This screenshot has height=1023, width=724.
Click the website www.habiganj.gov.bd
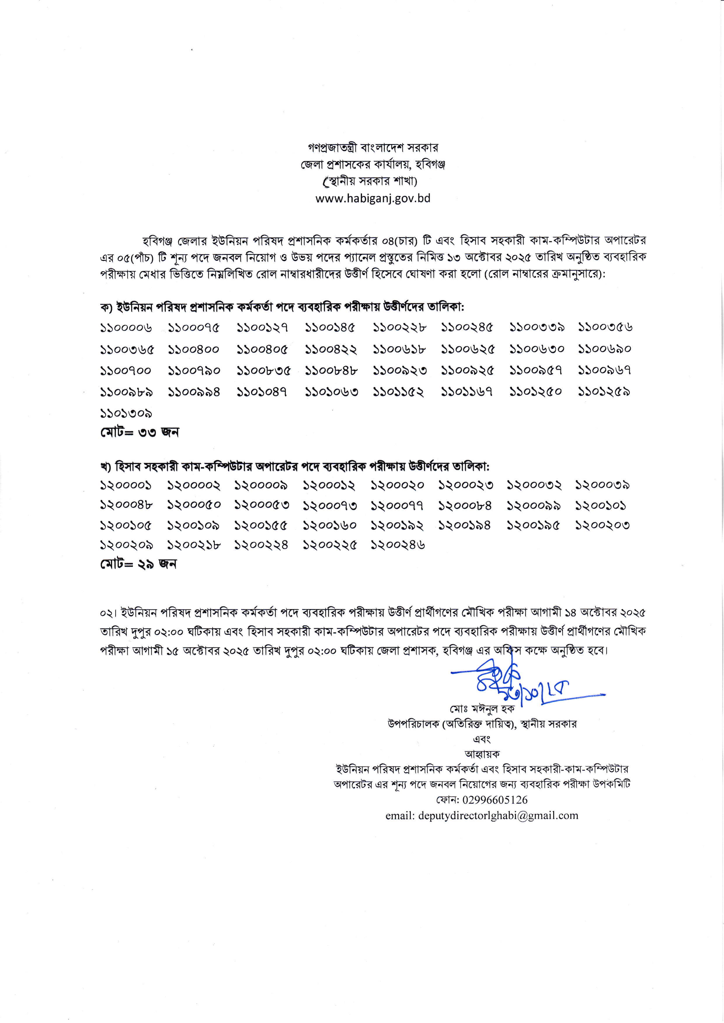pos(373,198)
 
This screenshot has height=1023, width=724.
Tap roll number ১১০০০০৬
pos(126,328)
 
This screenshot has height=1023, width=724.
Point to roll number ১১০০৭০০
pos(126,371)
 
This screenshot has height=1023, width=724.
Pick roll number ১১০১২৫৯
pos(604,392)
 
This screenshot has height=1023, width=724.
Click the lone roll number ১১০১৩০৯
pos(126,414)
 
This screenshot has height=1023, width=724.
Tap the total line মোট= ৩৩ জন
pos(139,432)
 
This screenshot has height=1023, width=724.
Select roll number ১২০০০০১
pos(126,485)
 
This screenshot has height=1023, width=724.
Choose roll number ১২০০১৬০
pos(330,526)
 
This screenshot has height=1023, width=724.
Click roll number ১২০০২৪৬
pos(398,545)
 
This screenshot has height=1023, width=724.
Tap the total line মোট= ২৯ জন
pos(138,564)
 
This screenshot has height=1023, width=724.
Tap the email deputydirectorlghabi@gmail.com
pos(482,815)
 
